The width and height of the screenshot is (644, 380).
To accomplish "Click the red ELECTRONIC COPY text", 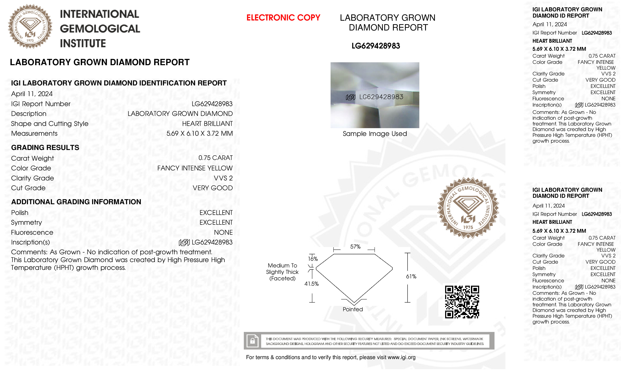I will pos(283,18).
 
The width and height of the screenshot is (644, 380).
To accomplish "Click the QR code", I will pos(462,302).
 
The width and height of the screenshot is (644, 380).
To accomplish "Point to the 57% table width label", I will pos(355,247).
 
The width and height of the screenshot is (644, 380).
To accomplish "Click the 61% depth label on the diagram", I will pos(411,277).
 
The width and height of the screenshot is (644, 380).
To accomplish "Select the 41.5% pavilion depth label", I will pos(311,284).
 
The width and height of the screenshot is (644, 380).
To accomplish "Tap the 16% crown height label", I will pos(313,259).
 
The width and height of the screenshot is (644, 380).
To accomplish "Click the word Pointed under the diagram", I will pos(353,309).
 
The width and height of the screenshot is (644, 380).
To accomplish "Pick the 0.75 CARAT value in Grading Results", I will pos(215,158).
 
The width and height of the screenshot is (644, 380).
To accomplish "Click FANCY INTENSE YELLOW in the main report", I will pos(195,168).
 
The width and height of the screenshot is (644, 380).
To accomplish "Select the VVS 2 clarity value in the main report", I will pos(223,178).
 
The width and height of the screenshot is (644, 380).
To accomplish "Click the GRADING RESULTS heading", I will pos(45,148).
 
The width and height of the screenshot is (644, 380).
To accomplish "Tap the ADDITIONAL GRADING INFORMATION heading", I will pos(76,202).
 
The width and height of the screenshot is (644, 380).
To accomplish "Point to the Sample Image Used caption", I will pos(375,134).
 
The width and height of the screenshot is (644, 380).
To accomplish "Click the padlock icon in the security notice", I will pos(252,341).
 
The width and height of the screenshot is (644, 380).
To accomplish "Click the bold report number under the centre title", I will pos(375,46).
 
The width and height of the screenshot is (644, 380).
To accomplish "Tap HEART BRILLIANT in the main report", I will pos(207,124).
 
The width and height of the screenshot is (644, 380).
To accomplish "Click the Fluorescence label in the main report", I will pos(32,232).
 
